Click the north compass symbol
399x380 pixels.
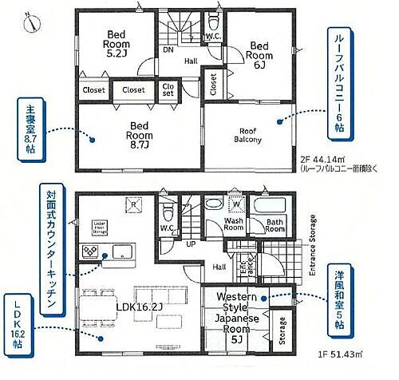pos(29,22)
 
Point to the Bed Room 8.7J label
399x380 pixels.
pos(139,137)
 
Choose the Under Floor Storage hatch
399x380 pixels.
pos(101,225)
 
